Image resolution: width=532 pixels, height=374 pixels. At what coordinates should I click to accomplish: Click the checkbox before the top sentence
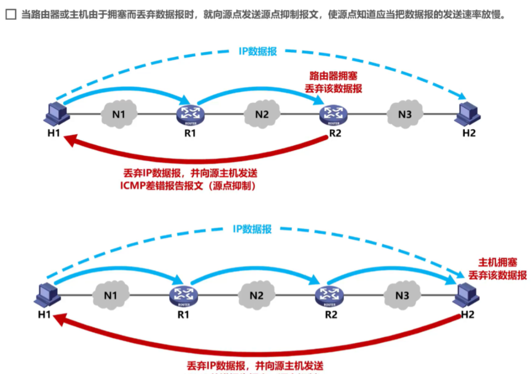point(11,15)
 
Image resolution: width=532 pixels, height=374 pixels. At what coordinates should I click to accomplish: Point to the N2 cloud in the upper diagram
point(262,114)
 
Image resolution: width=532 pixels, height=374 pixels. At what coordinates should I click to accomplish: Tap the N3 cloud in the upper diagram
point(405,114)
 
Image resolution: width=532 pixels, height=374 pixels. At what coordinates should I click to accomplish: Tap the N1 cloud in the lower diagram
point(110,296)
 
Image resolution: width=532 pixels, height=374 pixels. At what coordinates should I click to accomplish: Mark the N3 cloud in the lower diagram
point(402,296)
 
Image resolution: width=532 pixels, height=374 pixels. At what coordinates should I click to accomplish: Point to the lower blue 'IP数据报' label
point(252,229)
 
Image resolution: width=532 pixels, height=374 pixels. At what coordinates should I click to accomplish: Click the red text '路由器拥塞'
point(333,76)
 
